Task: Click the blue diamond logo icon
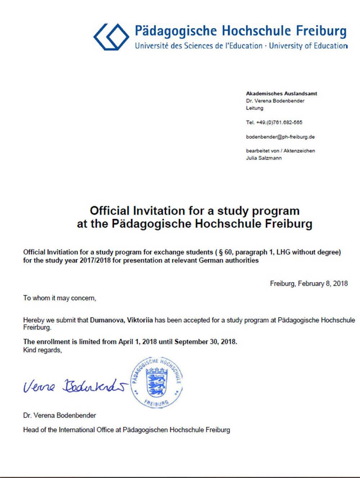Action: click(111, 37)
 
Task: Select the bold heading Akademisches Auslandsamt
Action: click(282, 94)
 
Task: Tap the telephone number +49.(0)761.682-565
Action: click(279, 122)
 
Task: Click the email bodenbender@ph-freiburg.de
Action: click(280, 137)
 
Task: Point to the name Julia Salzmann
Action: click(264, 158)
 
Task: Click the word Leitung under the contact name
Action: click(255, 108)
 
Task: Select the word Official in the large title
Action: click(109, 211)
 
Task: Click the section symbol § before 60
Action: click(221, 252)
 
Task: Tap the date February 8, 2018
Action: click(323, 283)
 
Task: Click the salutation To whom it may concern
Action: click(59, 298)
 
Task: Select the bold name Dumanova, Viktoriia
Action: click(121, 320)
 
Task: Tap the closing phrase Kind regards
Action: click(42, 350)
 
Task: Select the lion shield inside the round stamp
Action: click(156, 383)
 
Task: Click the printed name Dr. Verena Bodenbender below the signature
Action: click(59, 415)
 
